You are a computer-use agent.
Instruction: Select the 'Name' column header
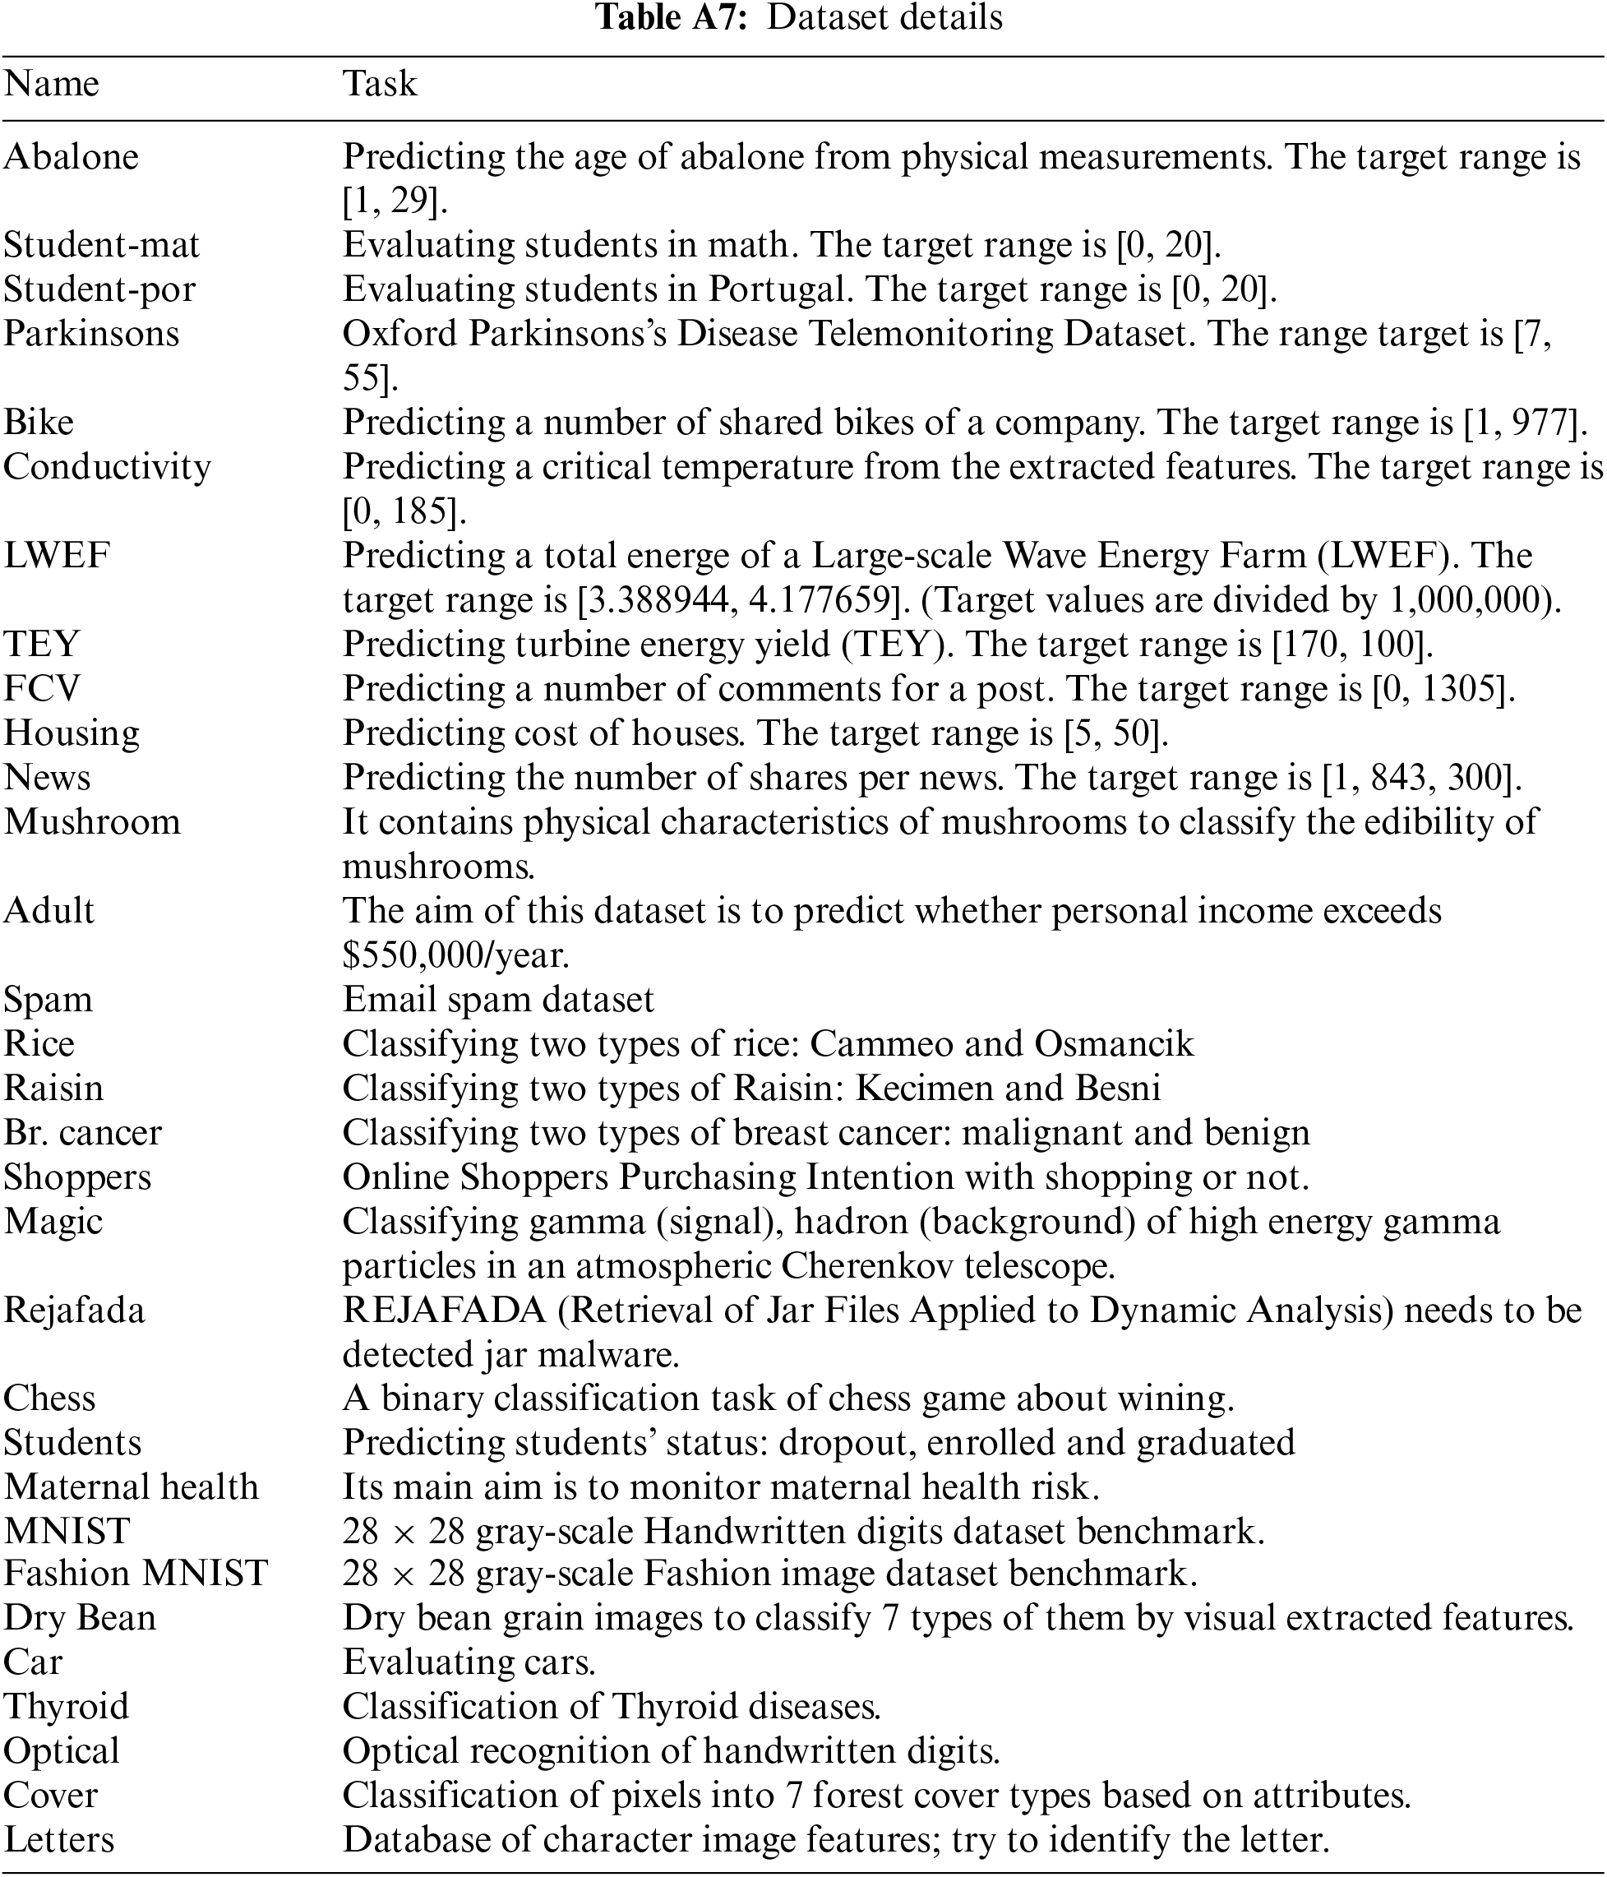[x=52, y=84]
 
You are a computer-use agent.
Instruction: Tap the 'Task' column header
[x=380, y=84]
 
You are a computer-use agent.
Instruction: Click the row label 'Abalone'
[x=72, y=158]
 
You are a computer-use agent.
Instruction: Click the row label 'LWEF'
[x=56, y=555]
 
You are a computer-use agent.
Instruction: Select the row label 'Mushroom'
[x=92, y=821]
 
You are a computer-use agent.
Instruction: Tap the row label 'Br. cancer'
[x=82, y=1132]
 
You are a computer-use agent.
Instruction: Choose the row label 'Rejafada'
[x=74, y=1310]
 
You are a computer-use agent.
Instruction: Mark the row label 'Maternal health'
[x=132, y=1486]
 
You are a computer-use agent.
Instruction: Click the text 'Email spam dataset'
[x=498, y=999]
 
